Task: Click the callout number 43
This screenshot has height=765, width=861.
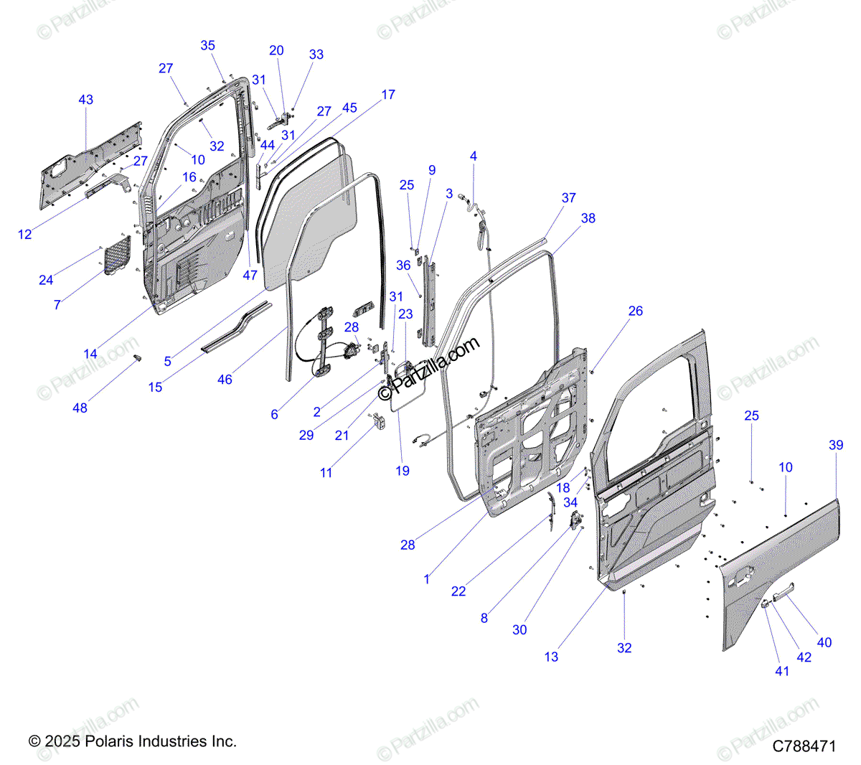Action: coord(86,100)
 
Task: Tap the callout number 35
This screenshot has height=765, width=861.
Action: coord(208,45)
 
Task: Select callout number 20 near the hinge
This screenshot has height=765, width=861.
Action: coord(276,50)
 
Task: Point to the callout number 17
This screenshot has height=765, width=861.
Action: coord(388,94)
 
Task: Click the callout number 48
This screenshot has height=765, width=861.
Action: coord(80,408)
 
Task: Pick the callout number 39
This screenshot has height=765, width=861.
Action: coord(836,445)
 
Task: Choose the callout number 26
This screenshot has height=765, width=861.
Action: coord(635,311)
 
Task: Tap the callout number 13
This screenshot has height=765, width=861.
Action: coord(551,657)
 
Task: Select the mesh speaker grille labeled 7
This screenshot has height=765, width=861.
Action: coord(118,255)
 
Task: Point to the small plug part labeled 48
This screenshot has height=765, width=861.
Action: coord(137,358)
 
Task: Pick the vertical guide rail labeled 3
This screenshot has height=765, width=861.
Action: coord(429,301)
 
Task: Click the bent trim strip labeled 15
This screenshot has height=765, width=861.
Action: coord(237,327)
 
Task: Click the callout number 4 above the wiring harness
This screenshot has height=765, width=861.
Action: coord(474,156)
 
